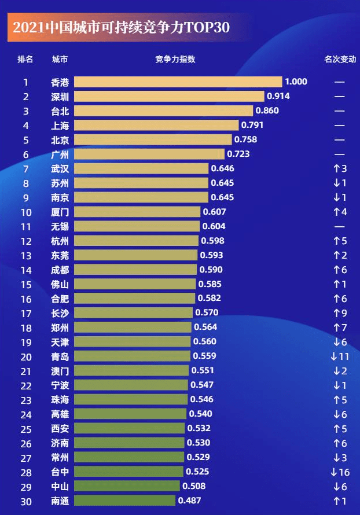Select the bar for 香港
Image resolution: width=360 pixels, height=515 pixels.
[x=178, y=82]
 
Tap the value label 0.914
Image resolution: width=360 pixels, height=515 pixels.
[x=278, y=96]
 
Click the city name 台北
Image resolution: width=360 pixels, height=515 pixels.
[x=60, y=111]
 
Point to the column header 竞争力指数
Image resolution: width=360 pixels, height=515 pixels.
[x=175, y=59]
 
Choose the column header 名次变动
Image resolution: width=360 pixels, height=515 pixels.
[x=340, y=59]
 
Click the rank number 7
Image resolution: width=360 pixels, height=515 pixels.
[x=25, y=168]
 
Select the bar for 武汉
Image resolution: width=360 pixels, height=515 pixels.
[x=141, y=168]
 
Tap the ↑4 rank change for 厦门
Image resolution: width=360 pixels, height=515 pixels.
[x=340, y=212]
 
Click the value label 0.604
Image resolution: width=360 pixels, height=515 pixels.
[x=214, y=226]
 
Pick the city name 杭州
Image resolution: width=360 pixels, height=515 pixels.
[x=60, y=241]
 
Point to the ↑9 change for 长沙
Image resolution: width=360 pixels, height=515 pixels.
[x=340, y=313]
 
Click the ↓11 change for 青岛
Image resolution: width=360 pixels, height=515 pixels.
[x=340, y=356]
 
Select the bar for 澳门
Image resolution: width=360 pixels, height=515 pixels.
[x=131, y=370]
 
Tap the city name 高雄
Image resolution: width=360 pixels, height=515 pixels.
[x=60, y=414]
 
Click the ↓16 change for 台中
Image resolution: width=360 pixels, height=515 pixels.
[x=340, y=472]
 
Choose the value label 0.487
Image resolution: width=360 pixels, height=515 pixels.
[x=189, y=501]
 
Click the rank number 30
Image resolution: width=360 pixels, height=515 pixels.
[x=25, y=501]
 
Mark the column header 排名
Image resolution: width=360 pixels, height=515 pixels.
[x=25, y=59]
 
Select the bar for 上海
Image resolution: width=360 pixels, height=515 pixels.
[x=156, y=125]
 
